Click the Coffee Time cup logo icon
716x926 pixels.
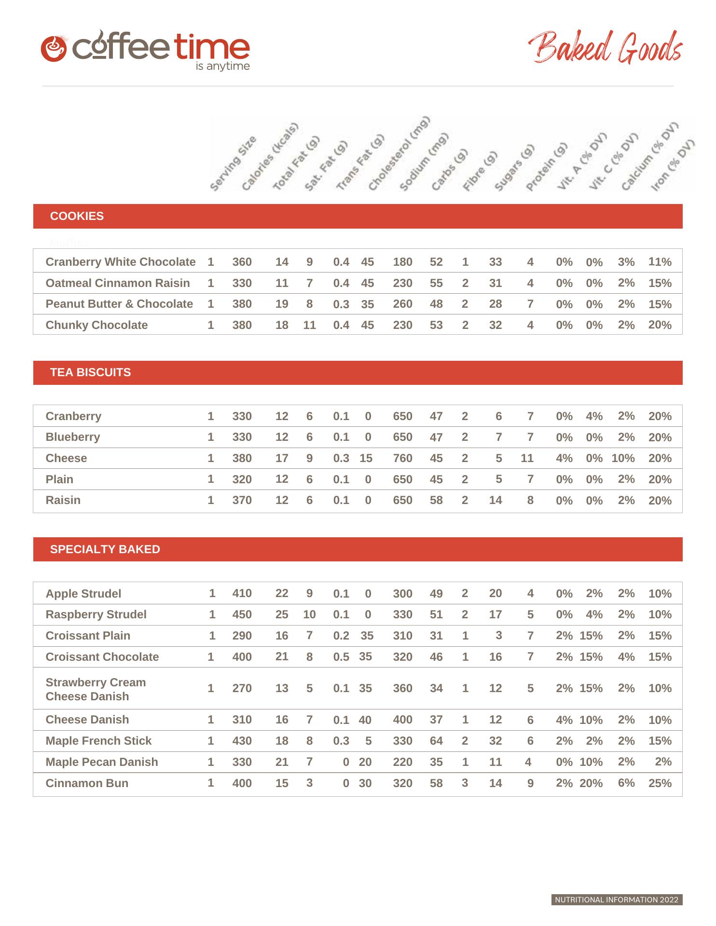[x=54, y=48]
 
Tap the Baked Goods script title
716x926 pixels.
[x=605, y=48]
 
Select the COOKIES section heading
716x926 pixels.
[x=77, y=216]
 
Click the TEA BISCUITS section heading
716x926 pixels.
[x=90, y=372]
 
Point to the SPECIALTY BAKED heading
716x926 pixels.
[x=105, y=549]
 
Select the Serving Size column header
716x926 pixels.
[x=234, y=163]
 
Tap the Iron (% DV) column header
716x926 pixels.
[x=673, y=165]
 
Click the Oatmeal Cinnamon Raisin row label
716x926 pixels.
[x=117, y=283]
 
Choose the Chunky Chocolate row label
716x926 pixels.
[x=96, y=325]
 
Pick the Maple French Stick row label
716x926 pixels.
[x=98, y=741]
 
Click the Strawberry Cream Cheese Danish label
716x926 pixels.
[x=96, y=689]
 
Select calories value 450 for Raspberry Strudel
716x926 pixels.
[x=242, y=614]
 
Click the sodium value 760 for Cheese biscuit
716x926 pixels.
[x=402, y=458]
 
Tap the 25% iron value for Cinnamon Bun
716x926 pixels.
[x=660, y=783]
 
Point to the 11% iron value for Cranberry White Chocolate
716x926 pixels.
[x=660, y=262]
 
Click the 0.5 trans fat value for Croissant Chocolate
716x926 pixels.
[x=341, y=657]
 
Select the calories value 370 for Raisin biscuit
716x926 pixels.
[x=242, y=500]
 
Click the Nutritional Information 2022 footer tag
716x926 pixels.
[x=617, y=900]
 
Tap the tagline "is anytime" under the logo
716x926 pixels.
[x=222, y=67]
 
